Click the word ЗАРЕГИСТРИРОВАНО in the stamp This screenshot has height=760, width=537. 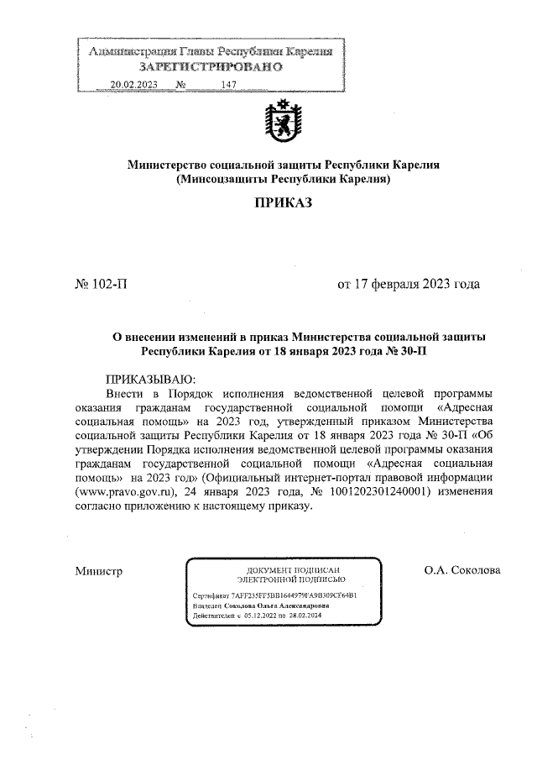coord(211,66)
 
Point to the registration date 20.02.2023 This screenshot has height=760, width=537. coord(133,85)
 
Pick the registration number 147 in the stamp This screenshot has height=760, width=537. coord(229,85)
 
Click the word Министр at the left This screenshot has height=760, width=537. coord(99,571)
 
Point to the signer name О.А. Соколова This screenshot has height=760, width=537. coord(462,571)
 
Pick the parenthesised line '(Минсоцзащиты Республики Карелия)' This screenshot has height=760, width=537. coord(283,179)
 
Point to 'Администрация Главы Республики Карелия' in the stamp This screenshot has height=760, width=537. coord(211,52)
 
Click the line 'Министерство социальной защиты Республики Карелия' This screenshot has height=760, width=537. coord(283,165)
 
